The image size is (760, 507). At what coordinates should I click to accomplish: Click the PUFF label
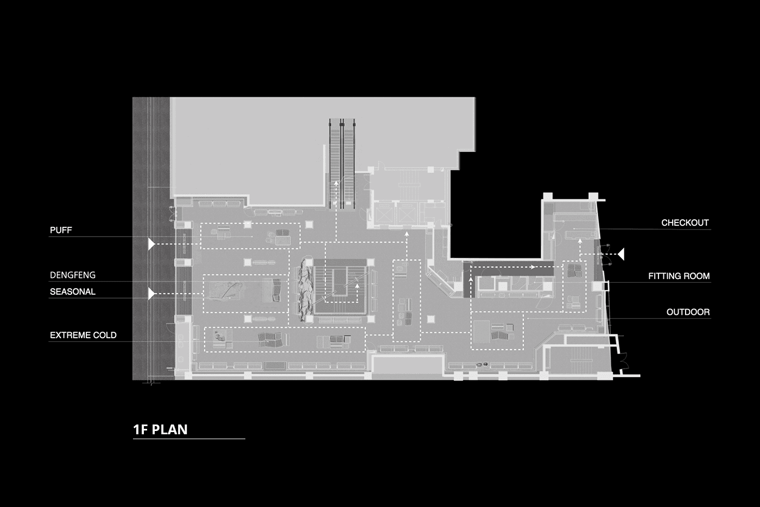pos(61,230)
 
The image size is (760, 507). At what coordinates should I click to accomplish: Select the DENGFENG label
pos(72,275)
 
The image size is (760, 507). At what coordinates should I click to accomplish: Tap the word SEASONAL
pos(72,291)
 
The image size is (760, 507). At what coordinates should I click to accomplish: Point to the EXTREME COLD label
pos(83,335)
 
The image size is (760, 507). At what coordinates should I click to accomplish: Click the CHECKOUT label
pos(685,223)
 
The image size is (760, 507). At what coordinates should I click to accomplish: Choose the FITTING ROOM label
pos(679,276)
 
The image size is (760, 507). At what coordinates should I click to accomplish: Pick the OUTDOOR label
pos(688,312)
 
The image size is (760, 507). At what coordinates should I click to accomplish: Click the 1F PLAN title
pos(160,429)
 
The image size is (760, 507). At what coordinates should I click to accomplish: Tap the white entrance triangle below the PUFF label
pos(151,244)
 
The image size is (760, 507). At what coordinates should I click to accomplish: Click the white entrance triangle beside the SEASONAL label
pos(151,294)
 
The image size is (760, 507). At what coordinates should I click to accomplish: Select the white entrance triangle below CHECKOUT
pos(620,253)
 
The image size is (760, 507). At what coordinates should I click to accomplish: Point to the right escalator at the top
pos(349,163)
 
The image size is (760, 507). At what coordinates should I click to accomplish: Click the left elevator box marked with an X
pos(385,214)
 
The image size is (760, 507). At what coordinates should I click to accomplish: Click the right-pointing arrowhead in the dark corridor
pos(534,267)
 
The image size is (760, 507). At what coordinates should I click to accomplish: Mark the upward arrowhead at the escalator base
pos(336,183)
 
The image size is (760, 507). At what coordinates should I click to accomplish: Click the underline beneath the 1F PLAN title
pos(189,439)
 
